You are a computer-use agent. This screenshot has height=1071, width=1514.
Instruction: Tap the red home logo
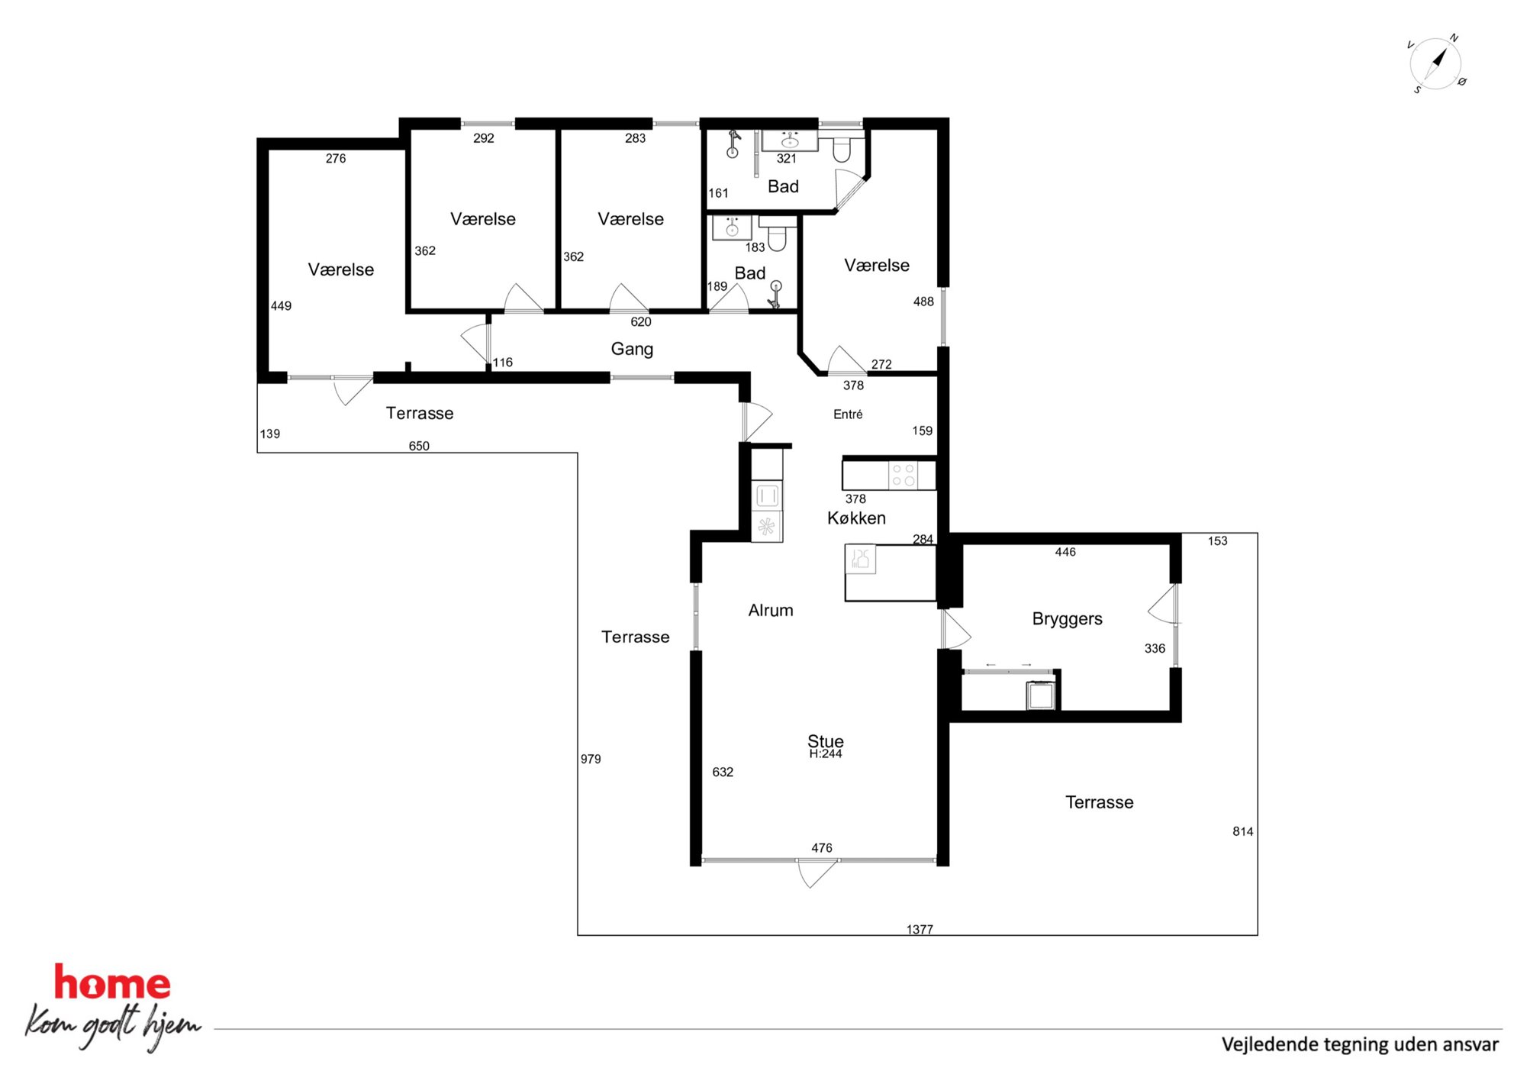112,982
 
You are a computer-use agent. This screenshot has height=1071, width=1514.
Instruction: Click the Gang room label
632,349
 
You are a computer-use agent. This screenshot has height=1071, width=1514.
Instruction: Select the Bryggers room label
1067,619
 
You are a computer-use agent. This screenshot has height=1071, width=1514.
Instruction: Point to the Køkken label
856,518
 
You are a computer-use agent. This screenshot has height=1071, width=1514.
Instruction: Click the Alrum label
771,610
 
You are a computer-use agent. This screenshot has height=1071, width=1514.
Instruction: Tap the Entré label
848,415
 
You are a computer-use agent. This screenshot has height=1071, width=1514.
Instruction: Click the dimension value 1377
920,929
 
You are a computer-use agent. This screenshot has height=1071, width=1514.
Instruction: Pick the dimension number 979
591,759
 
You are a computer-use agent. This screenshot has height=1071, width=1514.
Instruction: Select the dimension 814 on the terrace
1242,831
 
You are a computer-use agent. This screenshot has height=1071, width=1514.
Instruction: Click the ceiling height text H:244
826,754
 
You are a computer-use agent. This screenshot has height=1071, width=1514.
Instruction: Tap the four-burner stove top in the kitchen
904,476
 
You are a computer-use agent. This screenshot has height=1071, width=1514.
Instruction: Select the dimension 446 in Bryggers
1065,552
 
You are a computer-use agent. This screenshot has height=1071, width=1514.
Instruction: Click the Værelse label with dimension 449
341,269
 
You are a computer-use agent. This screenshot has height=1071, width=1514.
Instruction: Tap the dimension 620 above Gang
641,322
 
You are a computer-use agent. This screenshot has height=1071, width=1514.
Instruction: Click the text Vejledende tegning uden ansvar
1360,1044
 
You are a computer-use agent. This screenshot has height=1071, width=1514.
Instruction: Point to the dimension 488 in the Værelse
923,302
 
